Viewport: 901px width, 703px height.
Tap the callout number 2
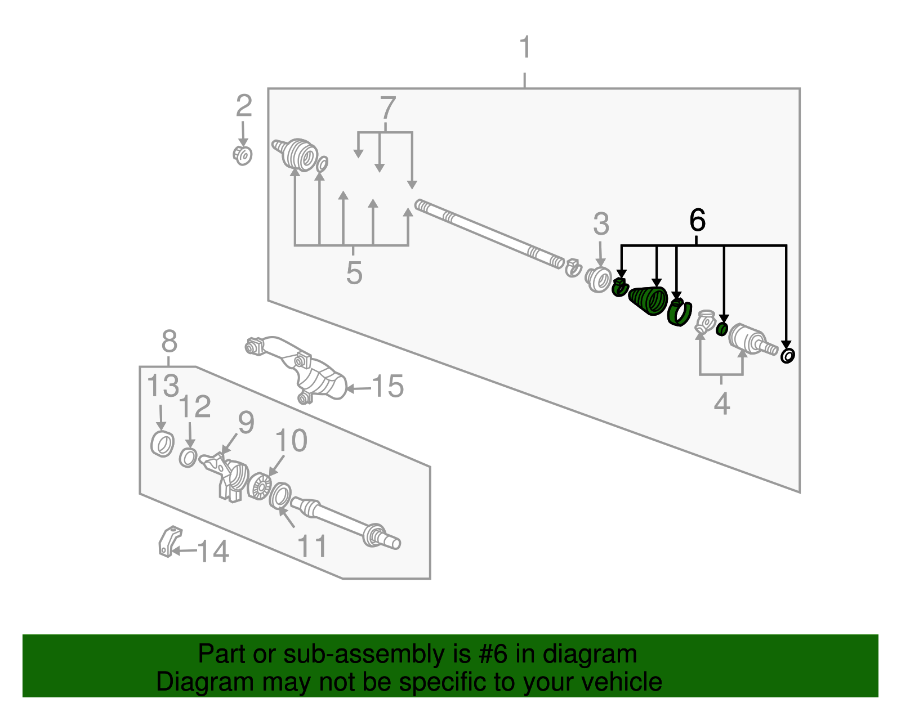tap(244, 106)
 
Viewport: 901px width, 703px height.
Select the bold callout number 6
tap(697, 220)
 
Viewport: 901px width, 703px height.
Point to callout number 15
tap(387, 386)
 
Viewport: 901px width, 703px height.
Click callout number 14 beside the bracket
tap(213, 551)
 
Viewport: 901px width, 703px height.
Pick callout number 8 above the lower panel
tap(169, 342)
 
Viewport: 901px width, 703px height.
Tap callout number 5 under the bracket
tap(354, 273)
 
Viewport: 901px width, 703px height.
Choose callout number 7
tap(387, 108)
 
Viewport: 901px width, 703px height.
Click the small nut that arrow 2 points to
tap(243, 155)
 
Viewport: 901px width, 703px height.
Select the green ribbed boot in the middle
tap(648, 301)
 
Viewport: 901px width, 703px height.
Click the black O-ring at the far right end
tap(787, 356)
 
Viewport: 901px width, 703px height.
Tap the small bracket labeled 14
tap(169, 542)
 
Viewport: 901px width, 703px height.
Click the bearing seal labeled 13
tap(162, 444)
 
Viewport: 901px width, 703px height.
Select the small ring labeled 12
tap(188, 458)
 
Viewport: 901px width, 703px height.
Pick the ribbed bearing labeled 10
tap(260, 486)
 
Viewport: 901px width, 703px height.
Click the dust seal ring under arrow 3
tap(598, 280)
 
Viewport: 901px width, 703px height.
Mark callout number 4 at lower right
tap(722, 404)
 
